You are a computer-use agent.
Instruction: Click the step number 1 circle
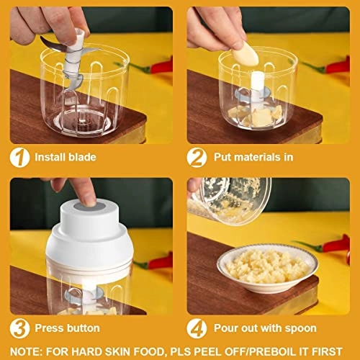tap(20, 157)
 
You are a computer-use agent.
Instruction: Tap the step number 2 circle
tap(197, 157)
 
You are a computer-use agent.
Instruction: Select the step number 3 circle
tap(20, 328)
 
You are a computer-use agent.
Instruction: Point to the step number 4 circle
tap(197, 328)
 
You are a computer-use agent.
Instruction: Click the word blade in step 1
tap(82, 157)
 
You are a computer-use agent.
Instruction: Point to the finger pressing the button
tap(85, 192)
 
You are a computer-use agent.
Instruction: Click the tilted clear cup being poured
tap(230, 197)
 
